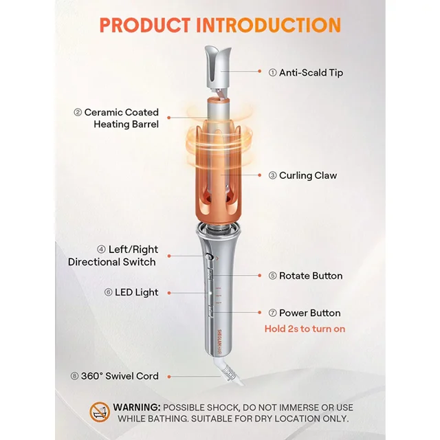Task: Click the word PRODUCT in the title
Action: [145, 25]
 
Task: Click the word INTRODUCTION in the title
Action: [269, 25]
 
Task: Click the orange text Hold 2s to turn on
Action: [305, 329]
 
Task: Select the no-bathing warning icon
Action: [100, 412]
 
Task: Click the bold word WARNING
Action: [137, 408]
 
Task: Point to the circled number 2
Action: [78, 113]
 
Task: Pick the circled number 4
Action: [101, 250]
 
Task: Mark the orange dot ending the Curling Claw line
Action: [260, 175]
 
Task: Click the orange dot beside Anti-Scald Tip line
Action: [260, 71]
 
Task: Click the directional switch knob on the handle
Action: [209, 256]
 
